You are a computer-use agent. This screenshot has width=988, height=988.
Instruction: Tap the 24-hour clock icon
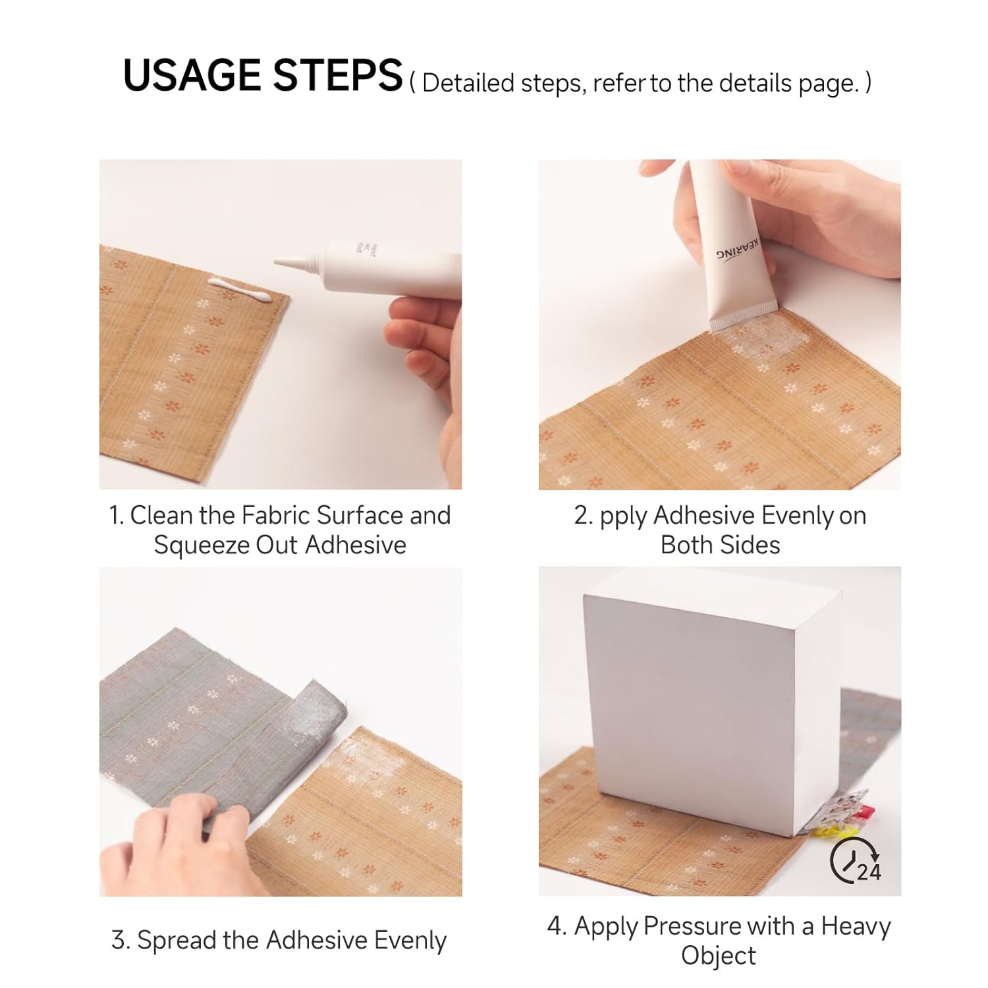click(856, 861)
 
